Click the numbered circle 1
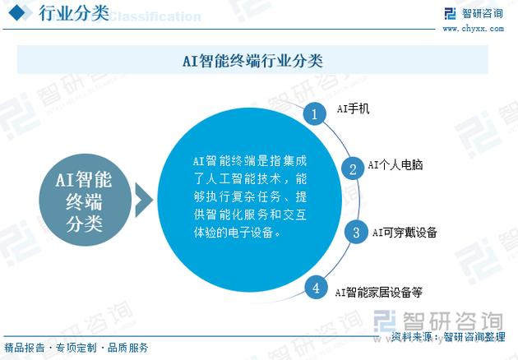point(313,113)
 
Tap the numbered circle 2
point(353,168)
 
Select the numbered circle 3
point(355,233)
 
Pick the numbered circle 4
point(316,288)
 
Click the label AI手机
point(354,108)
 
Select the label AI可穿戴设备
point(405,233)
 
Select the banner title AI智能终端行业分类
point(252,61)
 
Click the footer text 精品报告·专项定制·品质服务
point(76,348)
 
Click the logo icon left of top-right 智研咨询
point(450,13)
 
